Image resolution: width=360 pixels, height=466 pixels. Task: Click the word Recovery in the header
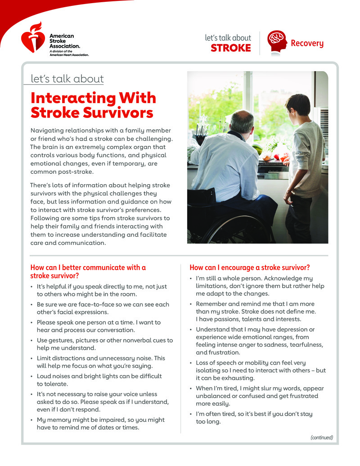[x=307, y=44]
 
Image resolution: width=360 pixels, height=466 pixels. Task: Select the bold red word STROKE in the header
[x=230, y=48]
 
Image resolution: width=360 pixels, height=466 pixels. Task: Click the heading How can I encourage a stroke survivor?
[x=250, y=267]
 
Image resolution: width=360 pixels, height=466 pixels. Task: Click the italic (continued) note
[x=321, y=437]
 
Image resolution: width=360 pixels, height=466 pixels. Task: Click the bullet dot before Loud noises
[x=31, y=376]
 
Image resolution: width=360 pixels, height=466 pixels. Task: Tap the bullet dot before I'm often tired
[x=191, y=414]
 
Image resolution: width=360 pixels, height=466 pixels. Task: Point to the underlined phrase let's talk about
[x=67, y=79]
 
